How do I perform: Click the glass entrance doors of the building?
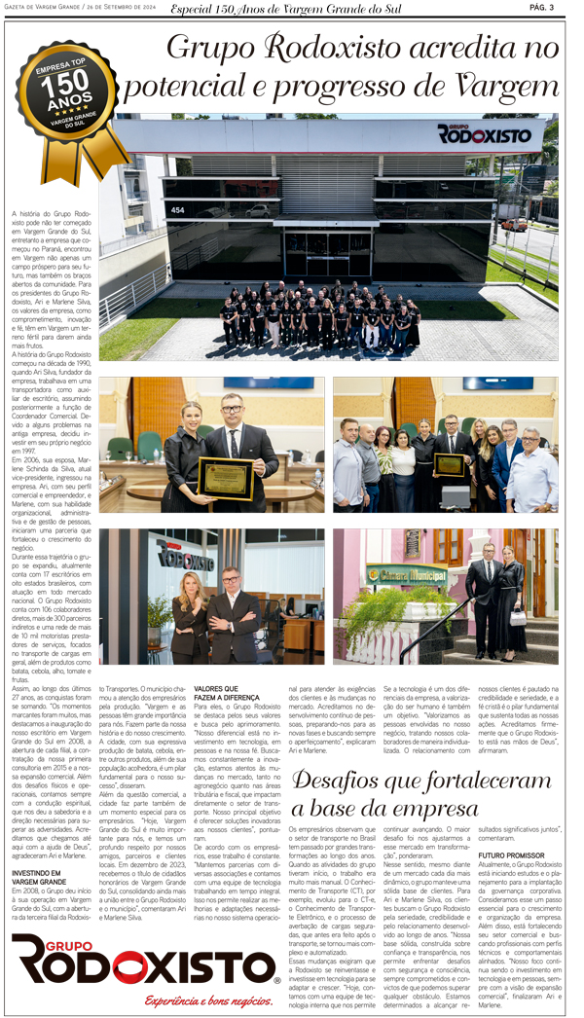328,258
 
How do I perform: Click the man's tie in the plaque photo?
235,439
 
